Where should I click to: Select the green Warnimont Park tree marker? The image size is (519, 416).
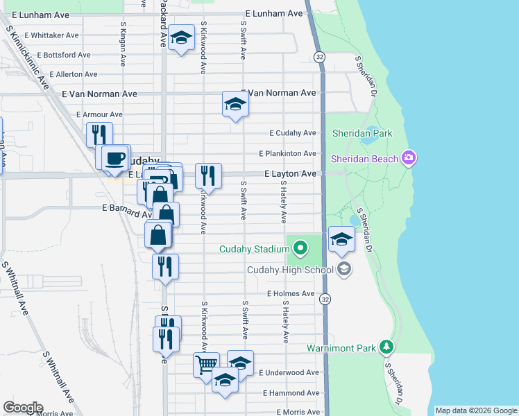(387, 347)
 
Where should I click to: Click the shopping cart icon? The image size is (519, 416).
(206, 365)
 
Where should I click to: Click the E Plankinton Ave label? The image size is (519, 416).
(288, 153)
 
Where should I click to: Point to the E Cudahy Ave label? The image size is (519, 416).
(293, 133)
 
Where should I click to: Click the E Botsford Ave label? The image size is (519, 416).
(64, 55)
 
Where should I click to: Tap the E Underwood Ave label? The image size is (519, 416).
(289, 373)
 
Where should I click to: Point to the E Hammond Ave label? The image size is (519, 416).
(291, 392)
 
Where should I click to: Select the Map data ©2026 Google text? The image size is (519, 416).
(476, 410)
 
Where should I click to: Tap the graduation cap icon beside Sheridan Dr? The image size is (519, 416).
(341, 240)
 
